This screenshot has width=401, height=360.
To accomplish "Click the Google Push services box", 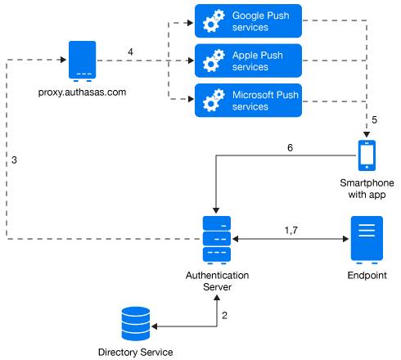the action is [248, 21].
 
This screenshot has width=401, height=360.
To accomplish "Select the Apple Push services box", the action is [248, 61].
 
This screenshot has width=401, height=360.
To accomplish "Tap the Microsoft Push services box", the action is [248, 101].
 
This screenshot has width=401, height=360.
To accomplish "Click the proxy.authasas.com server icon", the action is [82, 61].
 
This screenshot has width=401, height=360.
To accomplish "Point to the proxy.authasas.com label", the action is [82, 92].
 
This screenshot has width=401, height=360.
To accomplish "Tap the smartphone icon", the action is [367, 155].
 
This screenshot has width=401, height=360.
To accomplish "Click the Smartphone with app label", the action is [367, 189].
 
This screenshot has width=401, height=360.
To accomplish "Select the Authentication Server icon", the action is [217, 241].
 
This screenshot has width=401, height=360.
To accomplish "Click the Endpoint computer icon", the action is [367, 241].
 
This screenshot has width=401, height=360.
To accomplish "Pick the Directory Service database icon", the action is [136, 324].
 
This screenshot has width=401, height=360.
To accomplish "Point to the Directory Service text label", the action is [136, 352].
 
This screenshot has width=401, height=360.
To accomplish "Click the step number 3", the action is [14, 160].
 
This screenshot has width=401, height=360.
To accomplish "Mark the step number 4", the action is [130, 52].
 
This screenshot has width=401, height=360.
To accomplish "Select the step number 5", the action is [375, 119].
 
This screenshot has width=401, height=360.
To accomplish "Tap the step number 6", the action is [290, 148].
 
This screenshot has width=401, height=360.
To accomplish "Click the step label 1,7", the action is [291, 231].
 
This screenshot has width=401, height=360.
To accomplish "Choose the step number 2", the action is [224, 316].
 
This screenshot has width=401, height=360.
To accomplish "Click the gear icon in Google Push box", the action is [214, 21].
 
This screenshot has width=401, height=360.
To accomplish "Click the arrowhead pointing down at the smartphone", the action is [367, 135].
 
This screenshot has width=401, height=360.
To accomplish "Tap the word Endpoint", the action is [367, 276].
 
